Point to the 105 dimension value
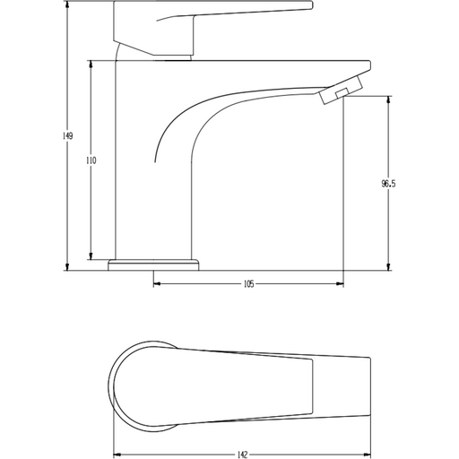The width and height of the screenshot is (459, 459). [x=248, y=284]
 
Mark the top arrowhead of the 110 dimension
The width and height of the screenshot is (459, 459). [x=91, y=64]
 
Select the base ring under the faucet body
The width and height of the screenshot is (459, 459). [x=154, y=264]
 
